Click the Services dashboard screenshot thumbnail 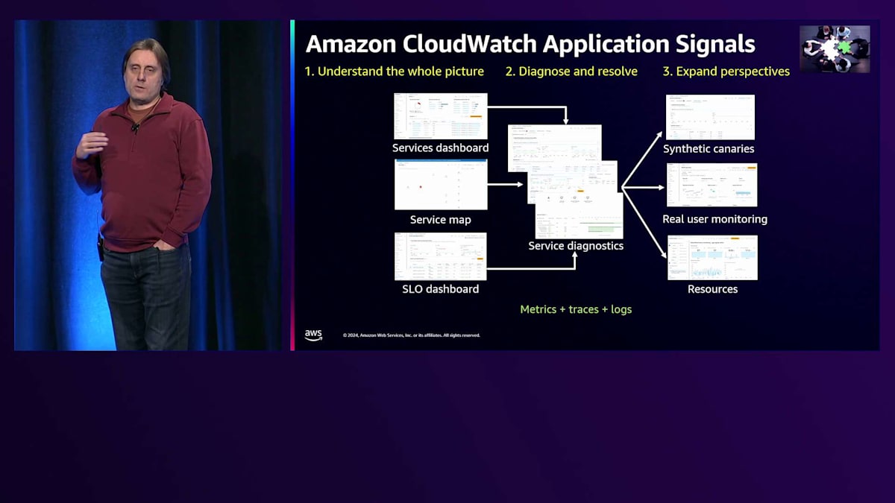tap(441, 116)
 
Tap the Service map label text tap(440, 220)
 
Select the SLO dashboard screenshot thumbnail tap(441, 256)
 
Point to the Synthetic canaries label tap(709, 148)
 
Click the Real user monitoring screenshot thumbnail tap(712, 185)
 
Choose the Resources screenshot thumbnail tap(712, 257)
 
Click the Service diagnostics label tap(576, 245)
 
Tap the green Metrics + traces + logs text tap(576, 309)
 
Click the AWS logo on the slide tap(313, 335)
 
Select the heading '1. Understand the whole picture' tap(394, 72)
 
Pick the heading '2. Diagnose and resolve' tap(571, 72)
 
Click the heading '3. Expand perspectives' tap(726, 72)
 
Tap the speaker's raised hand tap(91, 143)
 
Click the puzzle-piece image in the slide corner tap(835, 48)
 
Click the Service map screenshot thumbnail tap(441, 184)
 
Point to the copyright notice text tap(411, 335)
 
